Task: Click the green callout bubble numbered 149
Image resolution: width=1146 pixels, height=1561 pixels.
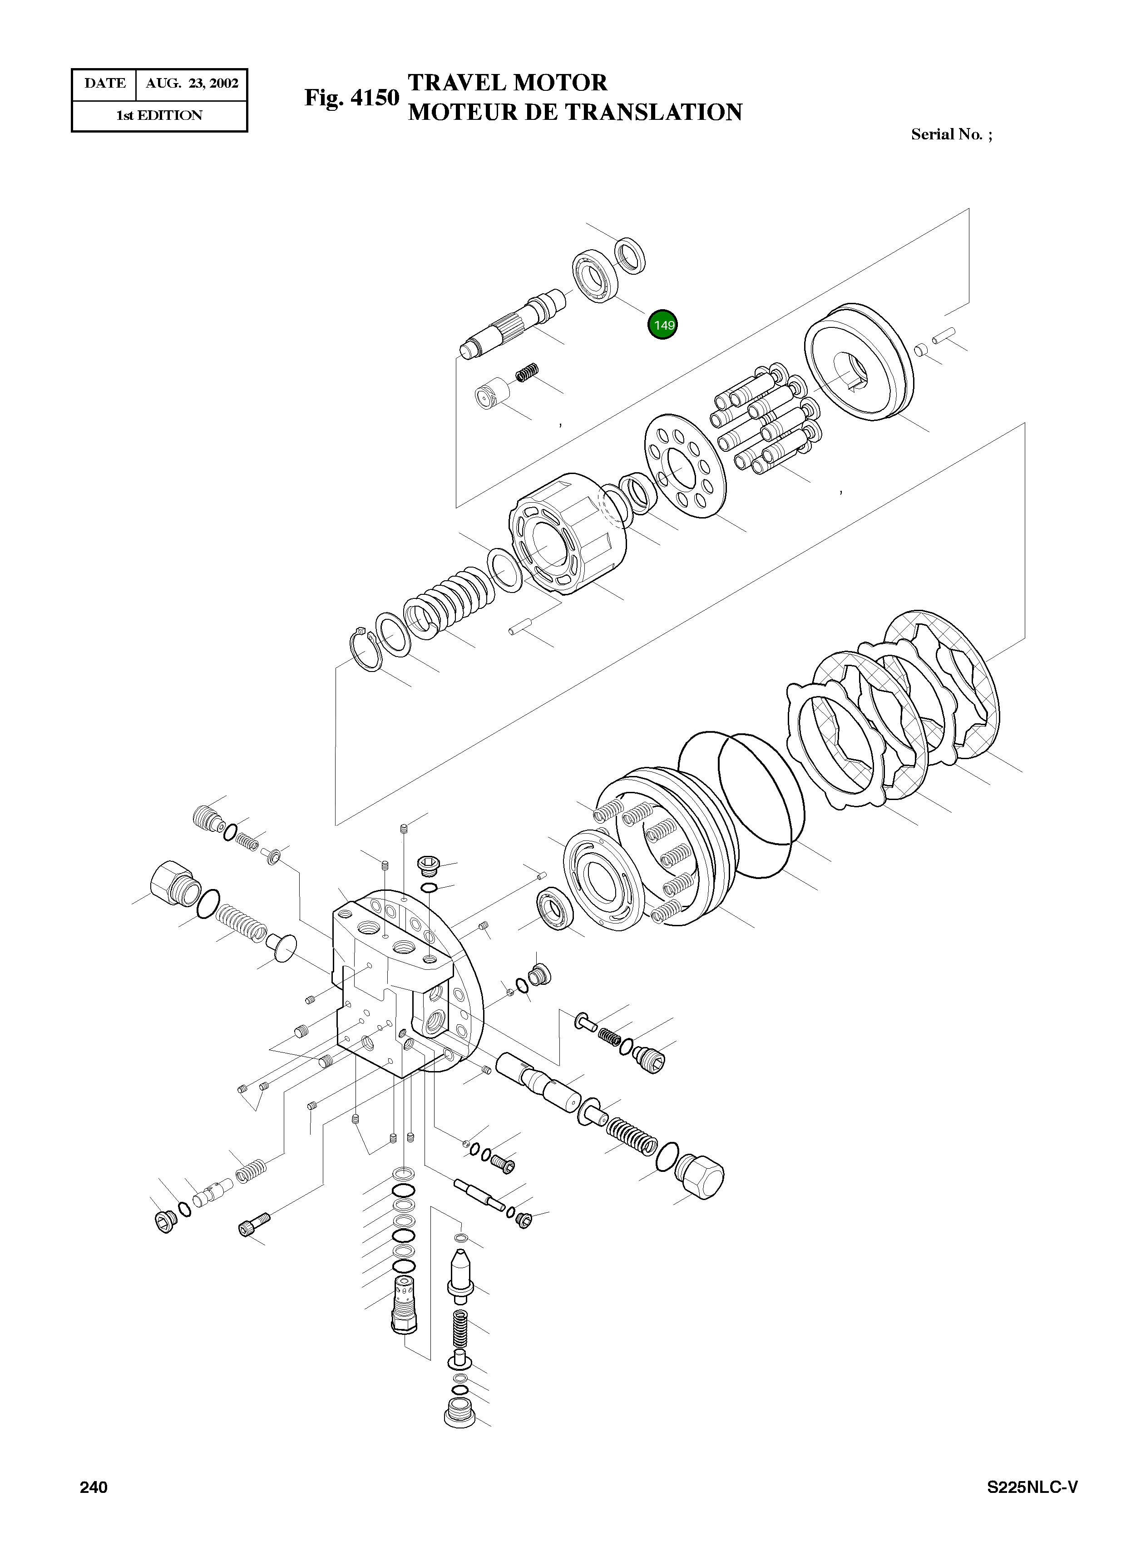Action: (x=662, y=325)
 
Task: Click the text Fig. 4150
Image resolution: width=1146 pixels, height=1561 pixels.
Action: (x=352, y=98)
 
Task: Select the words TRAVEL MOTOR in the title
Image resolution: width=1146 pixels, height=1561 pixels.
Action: (x=507, y=83)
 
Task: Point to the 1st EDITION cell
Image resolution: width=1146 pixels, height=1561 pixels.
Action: (x=159, y=116)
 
